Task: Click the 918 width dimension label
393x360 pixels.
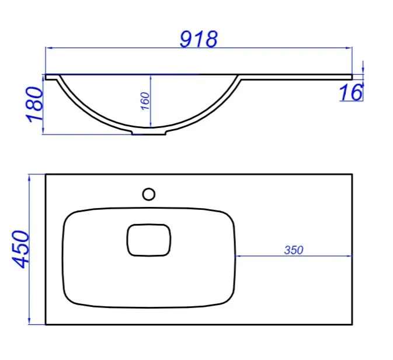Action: tap(199, 39)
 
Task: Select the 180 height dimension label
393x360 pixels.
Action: tap(35, 105)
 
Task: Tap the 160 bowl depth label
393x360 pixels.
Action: tap(145, 101)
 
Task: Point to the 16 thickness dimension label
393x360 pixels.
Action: tap(350, 92)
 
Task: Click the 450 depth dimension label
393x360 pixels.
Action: tap(21, 250)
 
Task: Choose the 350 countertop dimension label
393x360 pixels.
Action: tap(294, 250)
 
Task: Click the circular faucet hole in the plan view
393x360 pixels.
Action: tap(149, 194)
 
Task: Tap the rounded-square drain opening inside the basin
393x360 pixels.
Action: tap(149, 240)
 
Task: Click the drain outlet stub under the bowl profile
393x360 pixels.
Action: tap(149, 132)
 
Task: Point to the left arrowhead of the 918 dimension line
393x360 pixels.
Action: tap(48, 47)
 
